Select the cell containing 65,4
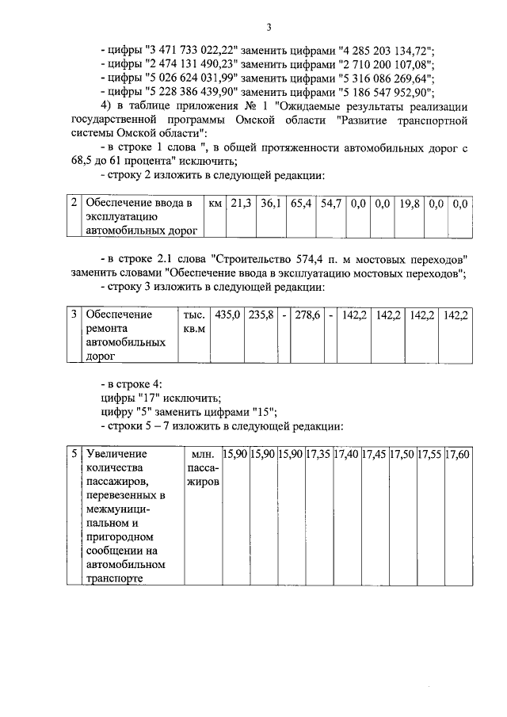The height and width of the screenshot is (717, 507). pyautogui.click(x=301, y=204)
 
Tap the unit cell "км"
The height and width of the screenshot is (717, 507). pyautogui.click(x=214, y=204)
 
